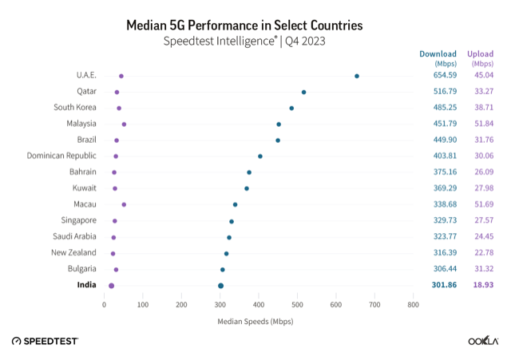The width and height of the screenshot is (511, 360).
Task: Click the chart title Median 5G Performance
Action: point(255,25)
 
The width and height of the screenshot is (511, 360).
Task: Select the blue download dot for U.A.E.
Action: point(357,76)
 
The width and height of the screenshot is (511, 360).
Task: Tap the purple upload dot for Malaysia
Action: point(124,124)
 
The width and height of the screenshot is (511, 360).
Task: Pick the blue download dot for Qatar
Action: point(303,92)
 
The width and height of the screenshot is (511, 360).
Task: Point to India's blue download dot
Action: point(220,285)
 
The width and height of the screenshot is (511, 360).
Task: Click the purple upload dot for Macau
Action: point(124,204)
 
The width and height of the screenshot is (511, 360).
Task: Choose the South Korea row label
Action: point(75,108)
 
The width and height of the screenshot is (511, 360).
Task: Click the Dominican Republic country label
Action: point(61,156)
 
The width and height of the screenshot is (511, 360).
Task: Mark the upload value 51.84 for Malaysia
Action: point(481,124)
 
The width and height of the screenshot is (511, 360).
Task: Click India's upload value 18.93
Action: point(481,285)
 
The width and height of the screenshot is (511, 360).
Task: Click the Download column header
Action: point(438,54)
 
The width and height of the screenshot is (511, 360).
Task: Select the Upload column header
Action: point(481,54)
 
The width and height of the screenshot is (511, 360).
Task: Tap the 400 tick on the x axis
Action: point(259,304)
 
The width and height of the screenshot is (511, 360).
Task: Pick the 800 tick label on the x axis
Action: point(413,304)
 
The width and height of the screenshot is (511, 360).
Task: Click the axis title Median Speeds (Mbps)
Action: point(255,322)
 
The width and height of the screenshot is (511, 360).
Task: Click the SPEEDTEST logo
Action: point(45,341)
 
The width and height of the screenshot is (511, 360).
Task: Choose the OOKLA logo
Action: point(483,341)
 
